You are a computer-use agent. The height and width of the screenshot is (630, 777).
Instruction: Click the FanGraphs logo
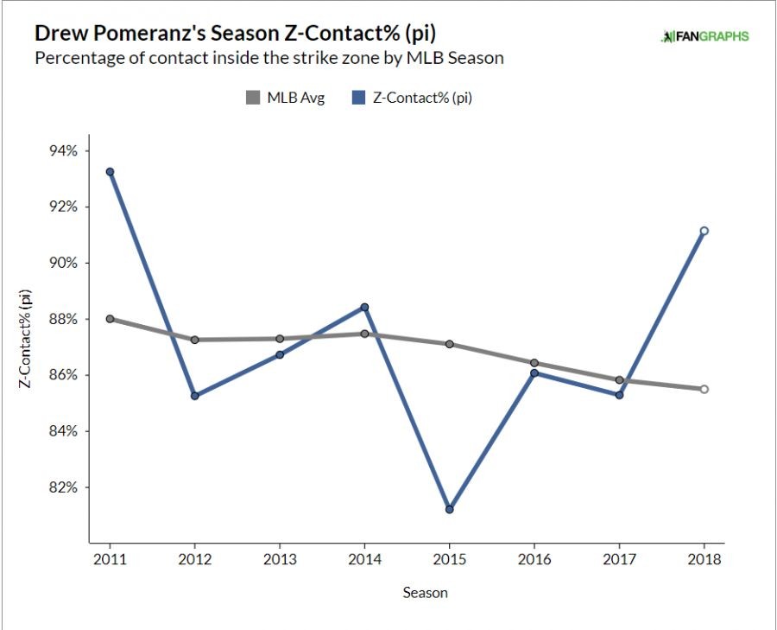pos(704,36)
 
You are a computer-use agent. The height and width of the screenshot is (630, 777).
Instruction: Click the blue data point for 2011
pos(110,172)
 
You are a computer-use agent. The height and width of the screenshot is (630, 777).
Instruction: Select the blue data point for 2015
pos(449,509)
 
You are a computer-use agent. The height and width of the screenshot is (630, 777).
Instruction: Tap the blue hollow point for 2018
pos(704,231)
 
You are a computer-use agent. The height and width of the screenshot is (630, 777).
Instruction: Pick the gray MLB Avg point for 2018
pos(704,389)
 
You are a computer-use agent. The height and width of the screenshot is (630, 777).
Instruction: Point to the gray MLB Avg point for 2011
pos(110,319)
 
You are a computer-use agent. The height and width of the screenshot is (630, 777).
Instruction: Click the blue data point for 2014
pos(364,307)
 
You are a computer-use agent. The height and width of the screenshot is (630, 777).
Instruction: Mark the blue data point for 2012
pos(195,396)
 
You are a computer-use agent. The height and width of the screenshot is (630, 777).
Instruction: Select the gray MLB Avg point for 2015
pos(449,344)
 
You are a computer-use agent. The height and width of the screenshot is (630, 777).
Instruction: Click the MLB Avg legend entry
pos(285,99)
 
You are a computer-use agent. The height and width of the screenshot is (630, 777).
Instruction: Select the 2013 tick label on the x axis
pos(280,559)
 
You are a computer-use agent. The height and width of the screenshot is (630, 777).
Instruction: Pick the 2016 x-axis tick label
pos(534,559)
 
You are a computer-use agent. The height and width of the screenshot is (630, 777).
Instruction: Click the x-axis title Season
pos(425,593)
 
